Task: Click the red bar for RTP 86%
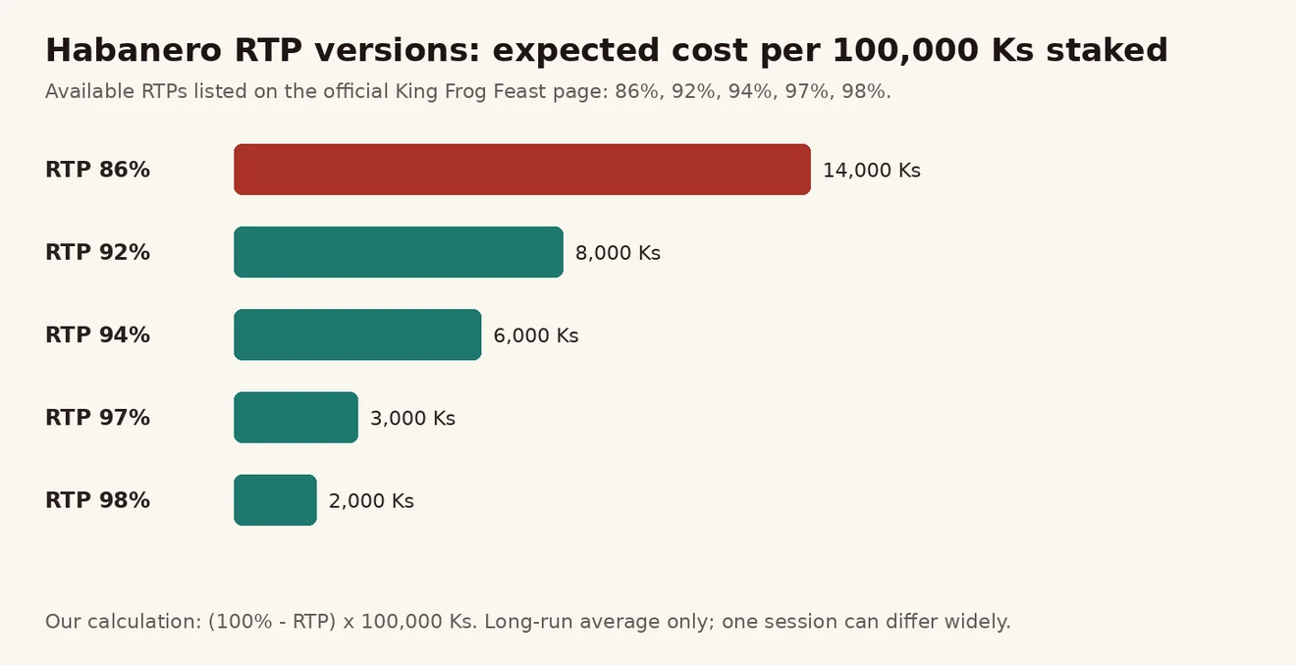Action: pos(522,170)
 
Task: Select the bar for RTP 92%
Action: pos(398,252)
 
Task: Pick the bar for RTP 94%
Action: pos(357,334)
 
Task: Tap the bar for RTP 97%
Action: pos(296,417)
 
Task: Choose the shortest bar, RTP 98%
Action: pos(275,500)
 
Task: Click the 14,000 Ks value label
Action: pos(871,171)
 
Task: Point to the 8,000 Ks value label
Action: pos(618,253)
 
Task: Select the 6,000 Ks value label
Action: pos(535,335)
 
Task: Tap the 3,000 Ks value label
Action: pos(412,418)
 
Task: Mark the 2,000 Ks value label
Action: pos(371,501)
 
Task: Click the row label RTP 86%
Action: pos(97,170)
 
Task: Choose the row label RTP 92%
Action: pos(97,252)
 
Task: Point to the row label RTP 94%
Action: pos(97,335)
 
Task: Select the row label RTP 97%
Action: pos(97,418)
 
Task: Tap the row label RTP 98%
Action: pos(97,500)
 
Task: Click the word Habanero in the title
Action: pos(134,50)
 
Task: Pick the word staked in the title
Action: pos(1107,50)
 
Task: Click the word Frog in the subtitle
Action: pos(462,92)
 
